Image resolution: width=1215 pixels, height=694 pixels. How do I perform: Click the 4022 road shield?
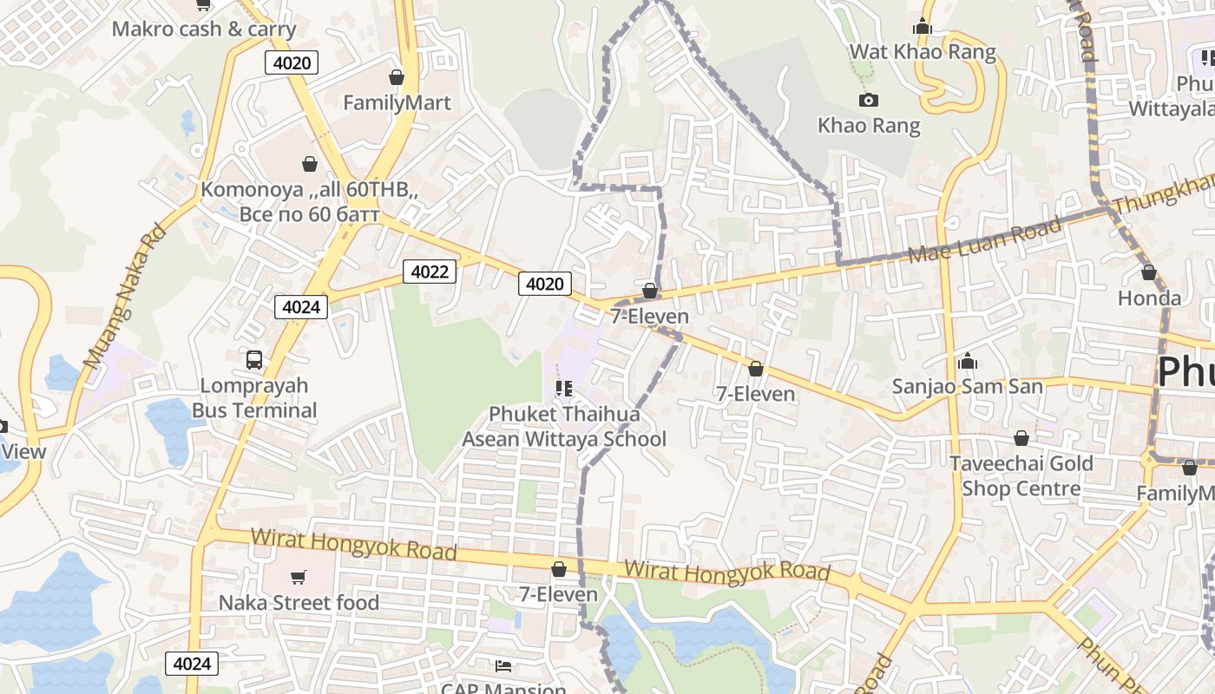coord(430,272)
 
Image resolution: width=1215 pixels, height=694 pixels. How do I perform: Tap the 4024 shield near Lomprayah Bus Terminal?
coord(301,306)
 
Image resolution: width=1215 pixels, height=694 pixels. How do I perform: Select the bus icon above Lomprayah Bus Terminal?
coord(254,359)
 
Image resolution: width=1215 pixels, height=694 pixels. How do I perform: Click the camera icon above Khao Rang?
coord(868,101)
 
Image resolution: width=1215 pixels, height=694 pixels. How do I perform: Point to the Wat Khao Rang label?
coord(922,51)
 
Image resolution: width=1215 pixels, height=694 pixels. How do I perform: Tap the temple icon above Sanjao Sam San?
coord(968,361)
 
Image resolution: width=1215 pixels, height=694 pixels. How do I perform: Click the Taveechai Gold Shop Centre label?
coord(1021,475)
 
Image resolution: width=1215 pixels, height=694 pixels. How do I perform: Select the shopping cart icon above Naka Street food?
coord(299,577)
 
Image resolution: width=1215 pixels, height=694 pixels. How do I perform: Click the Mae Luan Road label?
coord(984,240)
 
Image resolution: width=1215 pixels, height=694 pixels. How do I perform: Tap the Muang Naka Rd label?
coord(124,296)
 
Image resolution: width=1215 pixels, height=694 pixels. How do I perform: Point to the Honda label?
coord(1149,298)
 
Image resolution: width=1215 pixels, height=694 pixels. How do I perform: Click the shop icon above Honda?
coord(1149,272)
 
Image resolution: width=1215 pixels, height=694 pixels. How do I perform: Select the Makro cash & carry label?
coord(204,29)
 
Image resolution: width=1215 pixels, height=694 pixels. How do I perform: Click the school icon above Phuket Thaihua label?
coord(564,389)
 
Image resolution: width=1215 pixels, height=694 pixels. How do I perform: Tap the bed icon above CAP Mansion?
coord(502,665)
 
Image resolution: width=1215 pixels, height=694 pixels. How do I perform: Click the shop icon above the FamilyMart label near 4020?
coord(397,77)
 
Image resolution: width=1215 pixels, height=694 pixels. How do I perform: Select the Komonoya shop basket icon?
coord(309,163)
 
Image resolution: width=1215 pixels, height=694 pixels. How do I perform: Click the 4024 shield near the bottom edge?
coord(192,664)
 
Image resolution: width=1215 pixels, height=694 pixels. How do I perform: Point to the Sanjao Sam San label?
coord(967,386)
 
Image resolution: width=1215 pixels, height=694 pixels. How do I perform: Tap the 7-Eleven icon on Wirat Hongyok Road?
coord(559,569)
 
